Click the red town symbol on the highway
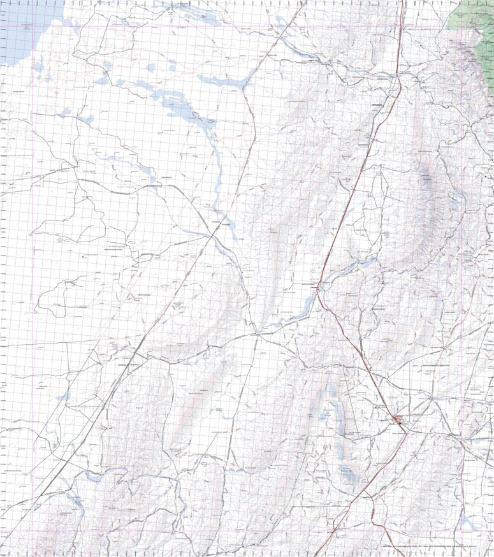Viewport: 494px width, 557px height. pyautogui.click(x=398, y=420)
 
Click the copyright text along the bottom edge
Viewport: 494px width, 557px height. pyautogui.click(x=440, y=547)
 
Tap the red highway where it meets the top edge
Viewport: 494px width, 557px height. pyautogui.click(x=403, y=3)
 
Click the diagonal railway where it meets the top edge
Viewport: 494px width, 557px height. pyautogui.click(x=305, y=3)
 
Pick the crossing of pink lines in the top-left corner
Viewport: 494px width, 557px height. pyautogui.click(x=31, y=26)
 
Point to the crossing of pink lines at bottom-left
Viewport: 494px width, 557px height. pyautogui.click(x=31, y=532)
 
